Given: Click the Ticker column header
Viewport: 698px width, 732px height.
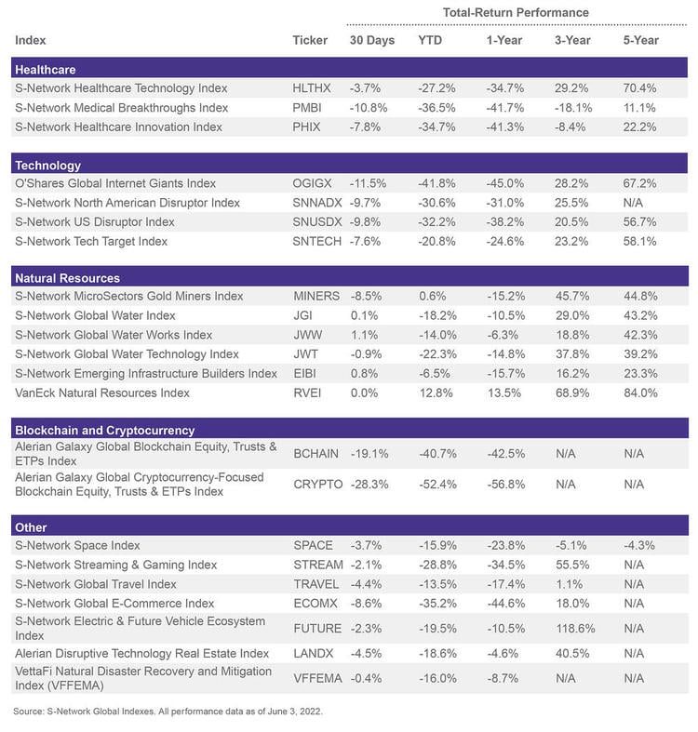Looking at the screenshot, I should click(x=310, y=40).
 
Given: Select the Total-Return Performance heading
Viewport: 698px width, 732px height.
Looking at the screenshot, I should click(x=516, y=12).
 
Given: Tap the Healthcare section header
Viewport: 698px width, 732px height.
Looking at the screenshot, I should click(x=46, y=69).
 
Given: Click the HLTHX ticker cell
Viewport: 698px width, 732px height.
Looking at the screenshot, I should click(x=312, y=87).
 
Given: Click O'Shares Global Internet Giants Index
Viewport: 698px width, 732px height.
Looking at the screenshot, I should click(x=115, y=183).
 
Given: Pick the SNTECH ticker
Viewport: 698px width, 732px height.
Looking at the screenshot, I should click(x=316, y=241).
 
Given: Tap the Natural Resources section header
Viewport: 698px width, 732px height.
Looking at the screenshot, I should click(x=67, y=277).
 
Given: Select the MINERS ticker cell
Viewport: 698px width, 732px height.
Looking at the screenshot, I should click(x=315, y=296).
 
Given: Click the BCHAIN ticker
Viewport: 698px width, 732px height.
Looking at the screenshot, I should click(x=316, y=453).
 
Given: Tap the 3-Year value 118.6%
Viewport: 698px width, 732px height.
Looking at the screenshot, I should click(x=574, y=628).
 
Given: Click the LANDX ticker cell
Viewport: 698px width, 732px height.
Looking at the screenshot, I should click(x=313, y=654).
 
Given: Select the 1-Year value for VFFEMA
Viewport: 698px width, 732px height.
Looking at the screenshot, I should click(x=503, y=678).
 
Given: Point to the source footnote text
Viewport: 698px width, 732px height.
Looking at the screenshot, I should click(x=167, y=712).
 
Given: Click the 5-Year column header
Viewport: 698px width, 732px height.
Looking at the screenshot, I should click(x=640, y=40).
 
